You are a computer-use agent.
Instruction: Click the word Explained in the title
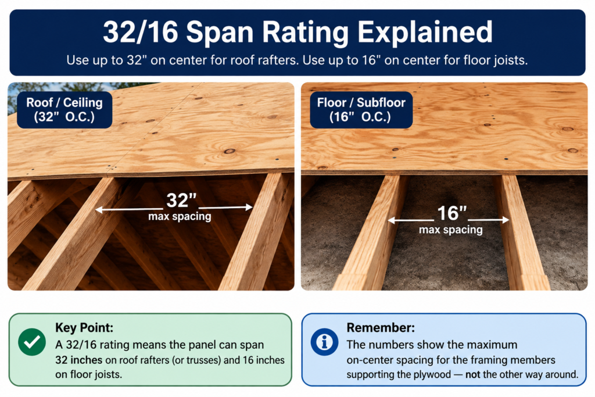point(425,33)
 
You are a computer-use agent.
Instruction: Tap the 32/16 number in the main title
point(141,32)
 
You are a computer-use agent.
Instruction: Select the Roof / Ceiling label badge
point(64,109)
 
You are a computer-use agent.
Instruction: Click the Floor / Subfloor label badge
point(361,109)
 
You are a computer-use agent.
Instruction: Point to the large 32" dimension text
point(181,200)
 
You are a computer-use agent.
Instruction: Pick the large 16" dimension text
point(451,213)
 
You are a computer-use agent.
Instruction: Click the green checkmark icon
point(32,342)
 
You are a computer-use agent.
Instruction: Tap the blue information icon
point(324,342)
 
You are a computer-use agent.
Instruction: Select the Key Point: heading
point(84,327)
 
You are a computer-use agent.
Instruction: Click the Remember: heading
point(381,327)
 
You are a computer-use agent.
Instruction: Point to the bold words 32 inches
point(78,360)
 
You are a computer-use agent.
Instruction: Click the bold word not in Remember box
point(473,374)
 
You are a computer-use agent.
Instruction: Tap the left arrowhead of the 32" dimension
point(98,209)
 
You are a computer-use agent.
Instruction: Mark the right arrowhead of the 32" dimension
point(249,208)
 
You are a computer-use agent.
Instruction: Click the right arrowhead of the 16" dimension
point(506,220)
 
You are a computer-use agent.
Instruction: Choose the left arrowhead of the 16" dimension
point(391,220)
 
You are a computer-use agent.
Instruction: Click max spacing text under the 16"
point(451,230)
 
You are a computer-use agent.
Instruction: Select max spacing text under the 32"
point(180,216)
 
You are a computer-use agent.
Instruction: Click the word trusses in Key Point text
point(200,360)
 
